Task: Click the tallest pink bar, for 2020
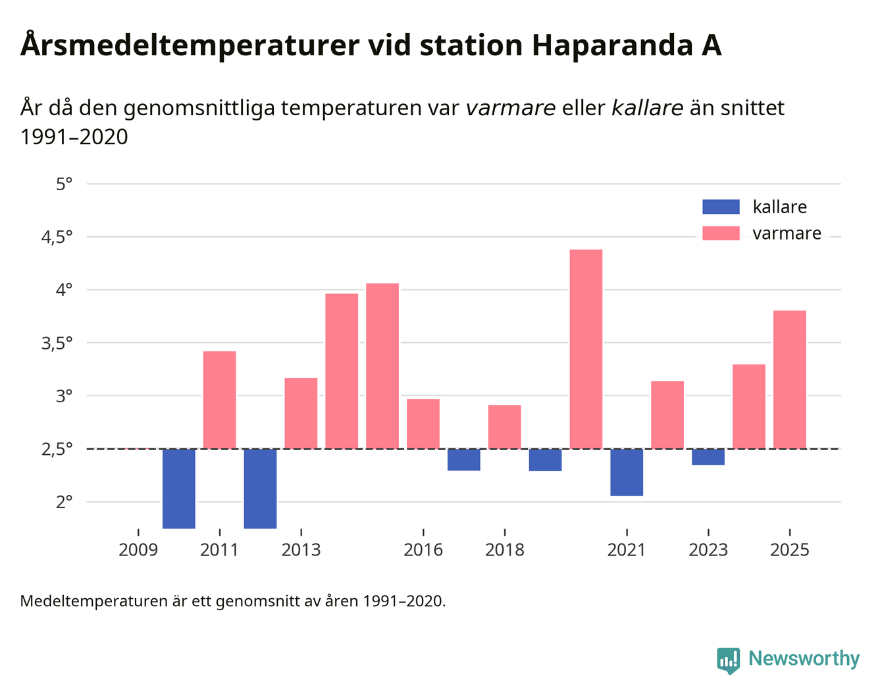(x=586, y=349)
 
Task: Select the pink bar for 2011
(x=219, y=399)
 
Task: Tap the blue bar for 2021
(x=627, y=472)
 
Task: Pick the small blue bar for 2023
(x=708, y=457)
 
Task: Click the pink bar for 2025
(x=789, y=379)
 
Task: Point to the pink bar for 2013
(x=301, y=413)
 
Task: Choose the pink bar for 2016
(x=423, y=424)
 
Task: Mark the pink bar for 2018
(x=504, y=426)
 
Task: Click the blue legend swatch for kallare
(x=721, y=207)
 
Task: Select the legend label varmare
(x=787, y=234)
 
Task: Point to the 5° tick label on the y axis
(x=64, y=184)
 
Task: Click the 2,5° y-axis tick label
(x=57, y=450)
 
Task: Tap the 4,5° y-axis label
(x=57, y=237)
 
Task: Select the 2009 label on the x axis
(x=138, y=550)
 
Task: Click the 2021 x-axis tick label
(x=627, y=550)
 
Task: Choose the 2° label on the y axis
(x=64, y=502)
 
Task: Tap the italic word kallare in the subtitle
(x=647, y=108)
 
